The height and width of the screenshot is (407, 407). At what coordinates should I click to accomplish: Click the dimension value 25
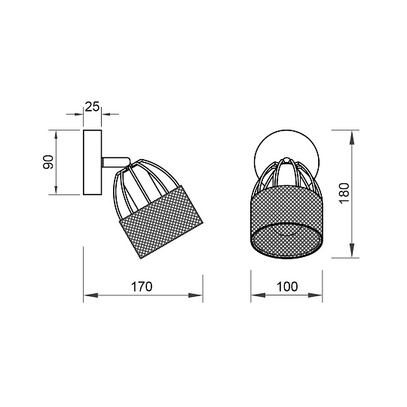(x=93, y=106)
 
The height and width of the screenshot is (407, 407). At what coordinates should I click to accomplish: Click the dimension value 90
(x=47, y=162)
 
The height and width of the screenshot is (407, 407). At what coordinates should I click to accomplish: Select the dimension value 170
(x=142, y=286)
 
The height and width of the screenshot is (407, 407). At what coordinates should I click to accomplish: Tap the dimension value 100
(x=286, y=286)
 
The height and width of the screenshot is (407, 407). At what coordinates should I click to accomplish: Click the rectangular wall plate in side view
(x=93, y=162)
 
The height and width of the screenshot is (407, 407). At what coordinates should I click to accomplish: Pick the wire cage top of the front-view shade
(x=286, y=177)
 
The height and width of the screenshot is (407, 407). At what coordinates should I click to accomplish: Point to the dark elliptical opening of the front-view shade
(x=286, y=240)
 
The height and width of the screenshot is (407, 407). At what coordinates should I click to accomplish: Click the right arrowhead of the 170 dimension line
(x=200, y=295)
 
